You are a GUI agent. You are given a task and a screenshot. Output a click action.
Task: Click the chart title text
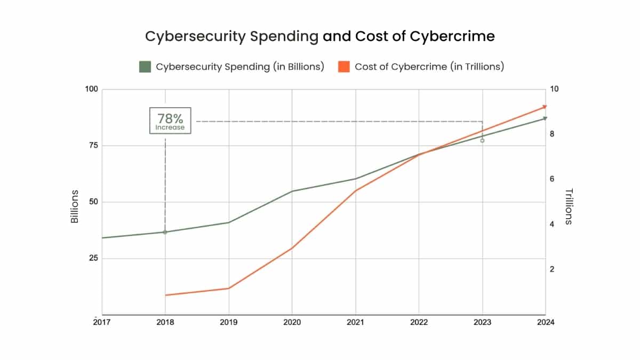320,36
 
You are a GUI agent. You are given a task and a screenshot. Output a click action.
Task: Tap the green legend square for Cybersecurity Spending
145,67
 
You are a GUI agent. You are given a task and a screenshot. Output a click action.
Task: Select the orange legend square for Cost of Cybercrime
344,67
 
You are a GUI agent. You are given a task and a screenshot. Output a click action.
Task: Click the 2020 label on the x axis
292,323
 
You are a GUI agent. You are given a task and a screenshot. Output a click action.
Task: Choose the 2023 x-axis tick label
482,323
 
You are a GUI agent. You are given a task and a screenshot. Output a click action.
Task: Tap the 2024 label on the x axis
546,323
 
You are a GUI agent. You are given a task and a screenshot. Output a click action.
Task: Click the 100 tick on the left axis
92,89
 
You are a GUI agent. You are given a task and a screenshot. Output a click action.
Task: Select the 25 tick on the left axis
93,258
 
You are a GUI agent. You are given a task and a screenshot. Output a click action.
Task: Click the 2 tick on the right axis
553,269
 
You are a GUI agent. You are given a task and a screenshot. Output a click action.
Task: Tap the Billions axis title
75,206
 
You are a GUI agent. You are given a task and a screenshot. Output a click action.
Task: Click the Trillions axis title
568,206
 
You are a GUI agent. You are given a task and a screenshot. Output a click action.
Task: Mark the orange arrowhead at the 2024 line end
545,107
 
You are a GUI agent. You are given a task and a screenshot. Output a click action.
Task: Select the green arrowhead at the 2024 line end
545,118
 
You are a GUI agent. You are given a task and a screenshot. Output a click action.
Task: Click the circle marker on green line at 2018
165,232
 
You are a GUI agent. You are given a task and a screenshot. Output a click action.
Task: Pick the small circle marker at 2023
482,140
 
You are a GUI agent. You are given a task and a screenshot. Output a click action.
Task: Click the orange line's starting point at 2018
165,295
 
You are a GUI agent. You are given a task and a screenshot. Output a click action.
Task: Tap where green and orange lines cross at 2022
419,154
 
